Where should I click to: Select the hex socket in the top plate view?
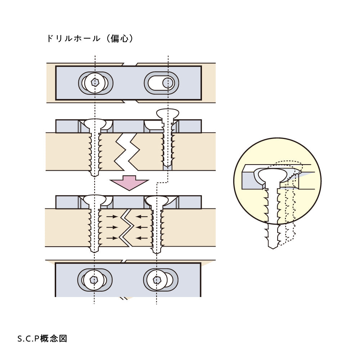tap(95, 82)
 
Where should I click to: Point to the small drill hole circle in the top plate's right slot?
tap(167, 83)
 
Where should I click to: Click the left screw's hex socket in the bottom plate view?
tap(94, 279)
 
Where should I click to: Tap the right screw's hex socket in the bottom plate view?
tap(157, 279)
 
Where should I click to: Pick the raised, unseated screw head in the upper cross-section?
tap(168, 114)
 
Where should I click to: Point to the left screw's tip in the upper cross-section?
tap(95, 174)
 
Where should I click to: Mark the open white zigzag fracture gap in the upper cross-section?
tap(127, 151)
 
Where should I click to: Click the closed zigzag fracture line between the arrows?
tap(127, 227)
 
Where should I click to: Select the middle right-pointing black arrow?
tap(112, 227)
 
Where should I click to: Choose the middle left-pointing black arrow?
tap(142, 227)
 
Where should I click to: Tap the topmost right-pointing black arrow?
tap(112, 217)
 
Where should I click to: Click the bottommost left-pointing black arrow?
tap(142, 238)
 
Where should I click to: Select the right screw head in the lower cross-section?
tap(157, 200)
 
